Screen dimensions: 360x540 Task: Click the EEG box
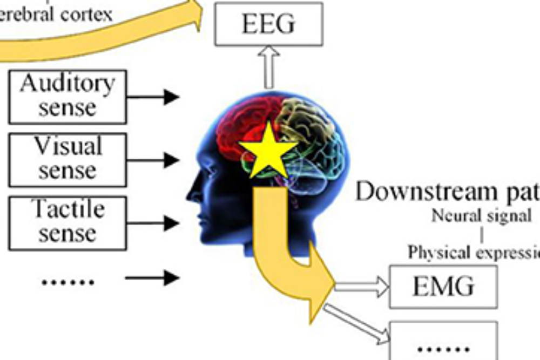268,24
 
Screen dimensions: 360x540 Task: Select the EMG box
443,286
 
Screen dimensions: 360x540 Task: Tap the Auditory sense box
67,96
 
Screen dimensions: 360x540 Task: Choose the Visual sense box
67,159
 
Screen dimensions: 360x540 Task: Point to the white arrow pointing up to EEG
268,67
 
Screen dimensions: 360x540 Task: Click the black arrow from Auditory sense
154,97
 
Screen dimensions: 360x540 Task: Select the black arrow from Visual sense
154,160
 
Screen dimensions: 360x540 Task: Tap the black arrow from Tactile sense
154,222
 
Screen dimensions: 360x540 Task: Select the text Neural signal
481,216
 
